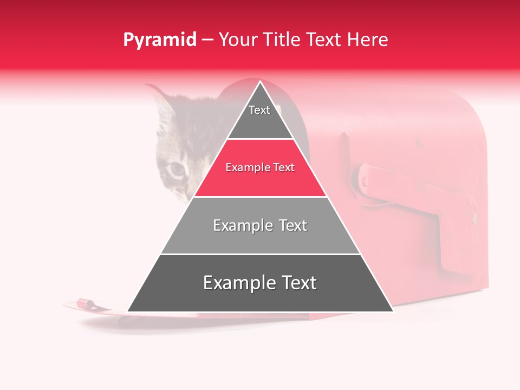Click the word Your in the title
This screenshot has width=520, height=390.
tap(239, 40)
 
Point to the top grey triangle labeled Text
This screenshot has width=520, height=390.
tap(259, 116)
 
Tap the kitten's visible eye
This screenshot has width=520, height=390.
tap(177, 170)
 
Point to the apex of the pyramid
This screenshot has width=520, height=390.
tap(260, 82)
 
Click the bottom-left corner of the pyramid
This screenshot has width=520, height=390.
tap(128, 311)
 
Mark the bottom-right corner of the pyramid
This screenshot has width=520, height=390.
tap(393, 311)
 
